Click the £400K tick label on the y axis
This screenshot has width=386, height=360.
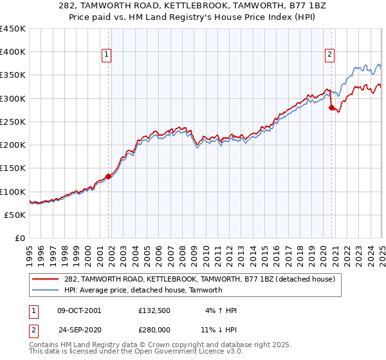(x=13, y=52)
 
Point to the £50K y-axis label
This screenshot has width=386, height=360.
(x=15, y=215)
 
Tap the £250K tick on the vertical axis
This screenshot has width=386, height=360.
(x=13, y=122)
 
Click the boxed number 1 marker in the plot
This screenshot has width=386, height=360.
(x=106, y=55)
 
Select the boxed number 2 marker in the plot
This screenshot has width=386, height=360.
(x=329, y=55)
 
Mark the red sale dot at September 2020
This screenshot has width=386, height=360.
(x=331, y=108)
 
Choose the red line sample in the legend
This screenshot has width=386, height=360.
(x=45, y=280)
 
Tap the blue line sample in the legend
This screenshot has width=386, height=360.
(x=45, y=290)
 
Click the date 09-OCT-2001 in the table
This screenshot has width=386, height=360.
(x=79, y=310)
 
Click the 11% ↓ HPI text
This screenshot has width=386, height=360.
(x=218, y=328)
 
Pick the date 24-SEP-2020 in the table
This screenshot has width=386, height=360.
(x=79, y=328)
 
